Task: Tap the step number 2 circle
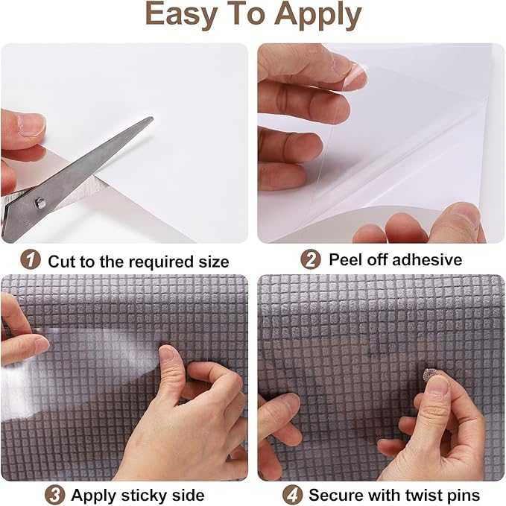[x=310, y=259]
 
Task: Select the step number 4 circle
[x=292, y=494]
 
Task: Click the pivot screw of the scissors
[x=40, y=200]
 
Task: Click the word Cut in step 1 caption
[x=62, y=262]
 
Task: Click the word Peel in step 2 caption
[x=346, y=260]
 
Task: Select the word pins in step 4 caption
[x=464, y=495]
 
